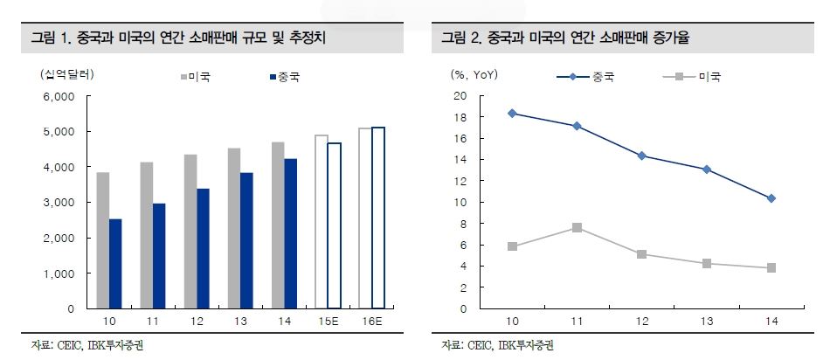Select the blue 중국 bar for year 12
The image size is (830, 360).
pyautogui.click(x=203, y=248)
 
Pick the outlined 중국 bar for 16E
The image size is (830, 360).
pyautogui.click(x=377, y=218)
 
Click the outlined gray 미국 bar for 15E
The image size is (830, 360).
pyautogui.click(x=321, y=222)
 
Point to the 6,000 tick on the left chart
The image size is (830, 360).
pyautogui.click(x=59, y=96)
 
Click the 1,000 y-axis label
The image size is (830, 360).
pyautogui.click(x=59, y=273)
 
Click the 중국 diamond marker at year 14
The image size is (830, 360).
pyautogui.click(x=771, y=198)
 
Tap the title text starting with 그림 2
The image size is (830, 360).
pyautogui.click(x=572, y=38)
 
